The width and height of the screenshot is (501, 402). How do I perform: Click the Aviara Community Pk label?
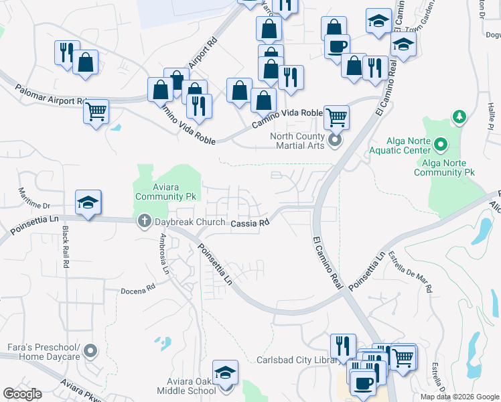[165, 191]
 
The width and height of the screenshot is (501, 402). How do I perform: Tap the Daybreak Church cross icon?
[143, 222]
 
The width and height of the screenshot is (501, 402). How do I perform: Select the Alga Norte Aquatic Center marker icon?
[441, 144]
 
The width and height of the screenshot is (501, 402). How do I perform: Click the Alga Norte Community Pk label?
[444, 167]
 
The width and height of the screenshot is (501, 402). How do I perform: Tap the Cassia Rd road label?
[250, 223]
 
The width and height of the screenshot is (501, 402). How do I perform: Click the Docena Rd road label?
[138, 291]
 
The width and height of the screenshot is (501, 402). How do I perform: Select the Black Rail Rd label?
[66, 247]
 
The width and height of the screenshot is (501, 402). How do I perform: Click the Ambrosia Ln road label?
[163, 255]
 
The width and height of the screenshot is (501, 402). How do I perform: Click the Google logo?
[22, 394]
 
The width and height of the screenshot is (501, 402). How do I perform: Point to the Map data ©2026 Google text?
[459, 397]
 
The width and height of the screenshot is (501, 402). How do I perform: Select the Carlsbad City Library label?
[295, 360]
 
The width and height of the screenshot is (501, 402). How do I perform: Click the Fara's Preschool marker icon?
[90, 350]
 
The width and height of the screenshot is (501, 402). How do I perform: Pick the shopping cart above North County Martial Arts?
[336, 117]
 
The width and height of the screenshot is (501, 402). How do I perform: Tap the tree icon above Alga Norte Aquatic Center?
[459, 118]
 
